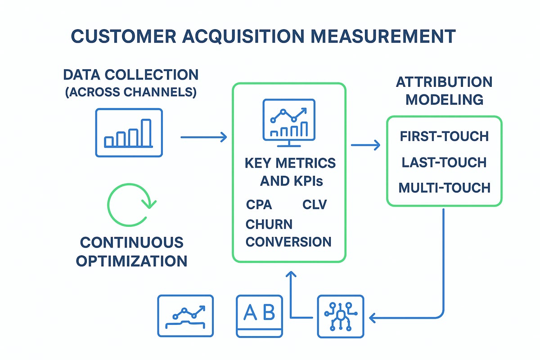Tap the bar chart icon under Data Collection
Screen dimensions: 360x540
pyautogui.click(x=129, y=132)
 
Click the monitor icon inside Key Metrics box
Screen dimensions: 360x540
pyautogui.click(x=288, y=121)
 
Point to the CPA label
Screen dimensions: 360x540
pyautogui.click(x=259, y=205)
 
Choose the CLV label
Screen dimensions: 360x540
pyautogui.click(x=315, y=205)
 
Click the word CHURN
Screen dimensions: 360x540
pyautogui.click(x=269, y=224)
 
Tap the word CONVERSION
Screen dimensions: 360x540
pyautogui.click(x=288, y=242)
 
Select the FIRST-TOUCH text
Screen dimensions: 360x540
pyautogui.click(x=444, y=136)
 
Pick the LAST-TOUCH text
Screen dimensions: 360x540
pyautogui.click(x=444, y=162)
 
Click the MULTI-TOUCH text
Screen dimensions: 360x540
pyautogui.click(x=444, y=188)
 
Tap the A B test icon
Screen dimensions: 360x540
pyautogui.click(x=260, y=316)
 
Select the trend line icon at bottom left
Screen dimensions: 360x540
pyautogui.click(x=185, y=316)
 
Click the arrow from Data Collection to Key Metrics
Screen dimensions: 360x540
pyautogui.click(x=203, y=137)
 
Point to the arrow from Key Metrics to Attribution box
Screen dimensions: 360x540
pyautogui.click(x=365, y=145)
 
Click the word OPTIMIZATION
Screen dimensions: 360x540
pyautogui.click(x=132, y=261)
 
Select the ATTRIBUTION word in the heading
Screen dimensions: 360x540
pyautogui.click(x=444, y=82)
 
